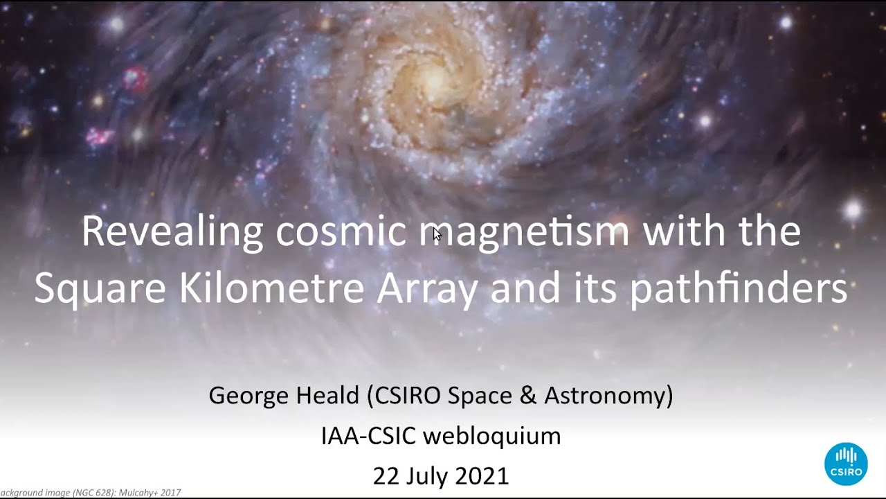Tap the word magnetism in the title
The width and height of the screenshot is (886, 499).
525,232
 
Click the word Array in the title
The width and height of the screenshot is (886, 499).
427,288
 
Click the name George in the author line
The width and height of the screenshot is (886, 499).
249,396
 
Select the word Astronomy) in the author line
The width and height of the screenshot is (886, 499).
608,396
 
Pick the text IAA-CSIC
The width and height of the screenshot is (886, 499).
368,436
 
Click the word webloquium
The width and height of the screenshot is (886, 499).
491,436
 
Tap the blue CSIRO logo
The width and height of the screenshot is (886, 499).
845,464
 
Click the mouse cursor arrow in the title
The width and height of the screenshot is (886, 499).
437,234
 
